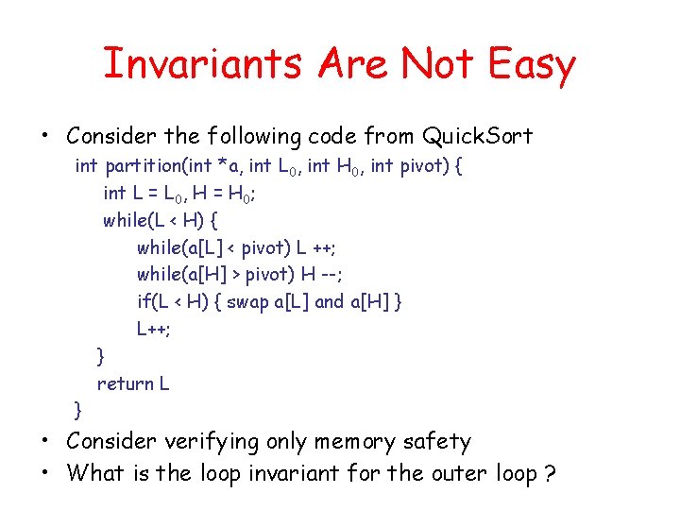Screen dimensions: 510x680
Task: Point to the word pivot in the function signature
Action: pyautogui.click(x=422, y=167)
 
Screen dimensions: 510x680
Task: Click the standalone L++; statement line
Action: pyautogui.click(x=154, y=330)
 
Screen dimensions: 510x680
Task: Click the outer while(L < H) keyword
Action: pyautogui.click(x=127, y=221)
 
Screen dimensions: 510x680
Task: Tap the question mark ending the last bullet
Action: pyautogui.click(x=550, y=472)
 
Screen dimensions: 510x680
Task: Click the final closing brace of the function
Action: pyautogui.click(x=78, y=410)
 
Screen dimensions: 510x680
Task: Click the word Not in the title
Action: pyautogui.click(x=435, y=64)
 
